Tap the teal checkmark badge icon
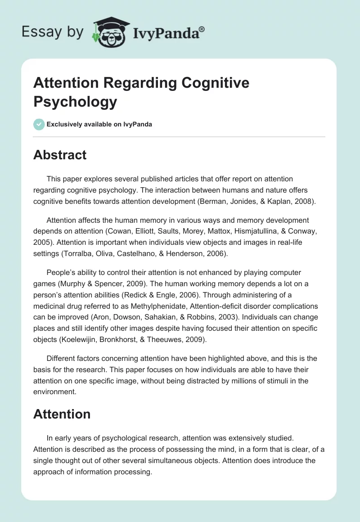(x=39, y=124)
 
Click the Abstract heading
(x=60, y=155)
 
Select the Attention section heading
(x=62, y=414)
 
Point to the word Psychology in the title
(x=75, y=102)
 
